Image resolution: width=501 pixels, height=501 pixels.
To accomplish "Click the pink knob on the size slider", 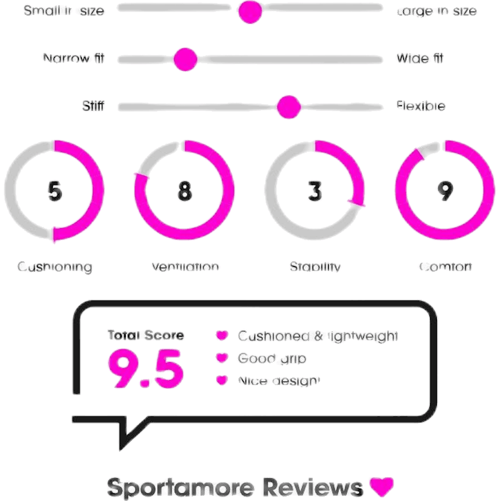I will [249, 11].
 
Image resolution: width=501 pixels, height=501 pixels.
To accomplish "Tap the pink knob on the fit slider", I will [185, 59].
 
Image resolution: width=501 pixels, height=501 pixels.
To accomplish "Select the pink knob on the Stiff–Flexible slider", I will [288, 106].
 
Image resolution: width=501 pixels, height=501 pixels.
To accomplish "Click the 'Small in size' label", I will [64, 11].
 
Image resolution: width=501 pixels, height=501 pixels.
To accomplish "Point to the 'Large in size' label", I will [437, 11].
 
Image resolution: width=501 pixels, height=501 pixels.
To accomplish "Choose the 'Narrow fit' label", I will [73, 58].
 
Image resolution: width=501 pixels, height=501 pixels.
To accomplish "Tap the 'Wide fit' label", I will [420, 58].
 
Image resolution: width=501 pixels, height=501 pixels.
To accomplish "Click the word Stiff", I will [93, 106].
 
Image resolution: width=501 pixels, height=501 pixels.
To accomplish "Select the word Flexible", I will [421, 106].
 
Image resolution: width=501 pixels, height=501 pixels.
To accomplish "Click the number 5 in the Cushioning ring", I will [55, 191].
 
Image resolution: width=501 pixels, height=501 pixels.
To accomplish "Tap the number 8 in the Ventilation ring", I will [185, 191].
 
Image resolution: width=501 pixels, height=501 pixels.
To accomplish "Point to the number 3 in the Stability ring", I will [315, 191].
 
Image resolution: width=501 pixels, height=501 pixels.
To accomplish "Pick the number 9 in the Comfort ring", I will [444, 191].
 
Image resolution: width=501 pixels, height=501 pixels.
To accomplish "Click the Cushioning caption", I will [55, 267].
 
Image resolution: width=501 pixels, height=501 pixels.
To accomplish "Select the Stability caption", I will [315, 267].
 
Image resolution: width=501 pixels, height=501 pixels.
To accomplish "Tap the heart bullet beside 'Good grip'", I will [222, 358].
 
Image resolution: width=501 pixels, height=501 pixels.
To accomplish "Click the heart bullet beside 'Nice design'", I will [222, 381].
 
